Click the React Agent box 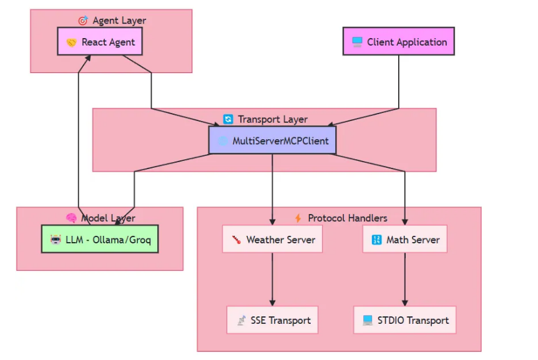click(x=100, y=42)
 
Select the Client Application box click(x=398, y=42)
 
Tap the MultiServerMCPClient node click(x=272, y=140)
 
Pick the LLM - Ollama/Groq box click(x=100, y=239)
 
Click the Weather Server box click(x=272, y=239)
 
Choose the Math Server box click(x=404, y=239)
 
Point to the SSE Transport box click(x=272, y=320)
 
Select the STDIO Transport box click(x=404, y=320)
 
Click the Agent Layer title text click(x=119, y=21)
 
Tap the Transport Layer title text click(x=272, y=119)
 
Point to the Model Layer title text click(x=108, y=218)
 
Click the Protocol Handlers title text click(x=347, y=218)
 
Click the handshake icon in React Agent click(x=72, y=42)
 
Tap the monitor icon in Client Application click(x=357, y=42)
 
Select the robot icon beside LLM click(x=56, y=240)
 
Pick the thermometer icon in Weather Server click(x=236, y=240)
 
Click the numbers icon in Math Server click(x=376, y=240)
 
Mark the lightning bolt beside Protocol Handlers click(x=298, y=218)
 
